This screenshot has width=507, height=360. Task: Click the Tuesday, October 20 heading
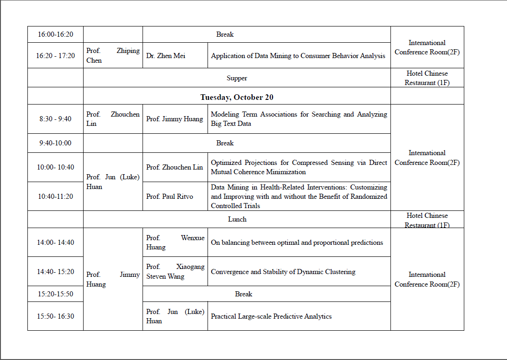[x=237, y=97]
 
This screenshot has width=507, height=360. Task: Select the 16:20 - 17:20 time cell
[x=55, y=56]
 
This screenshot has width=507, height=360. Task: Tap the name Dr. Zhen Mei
[x=166, y=56]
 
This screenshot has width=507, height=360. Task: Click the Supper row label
[x=237, y=78]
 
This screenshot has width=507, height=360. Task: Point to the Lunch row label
[x=237, y=219]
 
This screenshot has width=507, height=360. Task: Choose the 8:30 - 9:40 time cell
[x=55, y=119]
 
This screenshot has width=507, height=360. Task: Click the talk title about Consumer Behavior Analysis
[x=298, y=56]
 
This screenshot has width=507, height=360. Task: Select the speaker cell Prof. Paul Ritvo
[x=169, y=196]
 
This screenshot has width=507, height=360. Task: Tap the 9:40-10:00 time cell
[x=55, y=143]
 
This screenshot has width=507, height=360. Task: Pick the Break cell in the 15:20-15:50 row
[x=243, y=294]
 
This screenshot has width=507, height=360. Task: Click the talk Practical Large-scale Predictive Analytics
[x=271, y=316]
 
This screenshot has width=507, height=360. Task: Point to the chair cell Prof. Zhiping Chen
[x=113, y=56]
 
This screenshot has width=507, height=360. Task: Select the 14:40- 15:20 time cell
[x=55, y=272]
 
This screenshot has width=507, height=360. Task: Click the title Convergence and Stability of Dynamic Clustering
[x=283, y=272]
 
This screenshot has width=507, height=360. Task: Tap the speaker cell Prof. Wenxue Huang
[x=175, y=242]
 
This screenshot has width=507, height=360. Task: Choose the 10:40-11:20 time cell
[x=55, y=196]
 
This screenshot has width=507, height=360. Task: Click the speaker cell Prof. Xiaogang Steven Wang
[x=175, y=272]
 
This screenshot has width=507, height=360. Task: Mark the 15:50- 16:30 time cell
[x=55, y=316]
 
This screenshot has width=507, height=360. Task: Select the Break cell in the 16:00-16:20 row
[x=225, y=34]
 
